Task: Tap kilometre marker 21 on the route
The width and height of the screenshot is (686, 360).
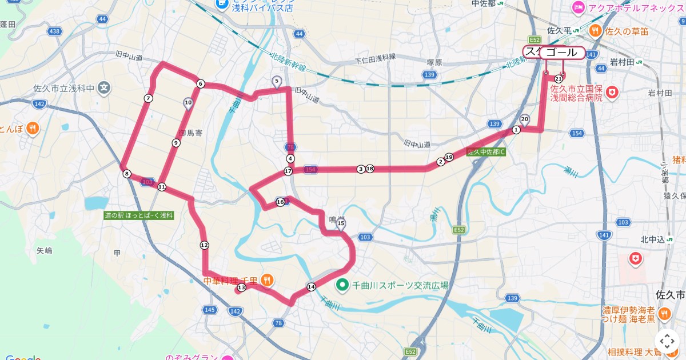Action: click(559, 78)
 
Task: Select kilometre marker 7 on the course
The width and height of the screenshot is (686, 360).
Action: click(148, 98)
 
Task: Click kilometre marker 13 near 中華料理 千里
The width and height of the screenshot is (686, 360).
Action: click(241, 287)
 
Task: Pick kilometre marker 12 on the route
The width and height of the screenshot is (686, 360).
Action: click(204, 245)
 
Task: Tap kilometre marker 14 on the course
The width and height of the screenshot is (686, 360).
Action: click(311, 287)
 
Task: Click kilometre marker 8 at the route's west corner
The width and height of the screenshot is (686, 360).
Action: click(126, 174)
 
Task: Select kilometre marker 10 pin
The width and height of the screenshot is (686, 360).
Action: click(188, 103)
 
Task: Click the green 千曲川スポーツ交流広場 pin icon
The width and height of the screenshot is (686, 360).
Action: click(342, 284)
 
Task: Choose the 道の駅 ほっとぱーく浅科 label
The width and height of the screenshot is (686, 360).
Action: click(138, 215)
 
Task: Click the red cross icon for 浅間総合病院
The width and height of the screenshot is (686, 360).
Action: click(612, 91)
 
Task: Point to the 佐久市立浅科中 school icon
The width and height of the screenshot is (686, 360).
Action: click(103, 88)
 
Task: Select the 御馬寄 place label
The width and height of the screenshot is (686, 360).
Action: click(190, 133)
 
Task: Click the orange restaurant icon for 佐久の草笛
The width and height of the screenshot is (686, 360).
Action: click(595, 31)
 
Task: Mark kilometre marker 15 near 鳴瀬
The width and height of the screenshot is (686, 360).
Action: click(341, 223)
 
